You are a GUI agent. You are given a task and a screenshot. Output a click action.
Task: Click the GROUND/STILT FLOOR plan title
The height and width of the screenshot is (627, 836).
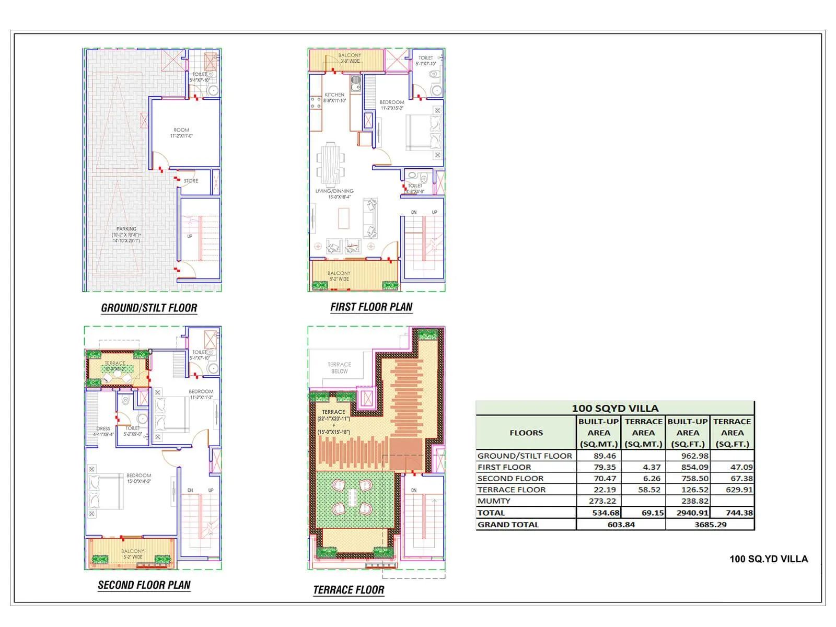click(149, 308)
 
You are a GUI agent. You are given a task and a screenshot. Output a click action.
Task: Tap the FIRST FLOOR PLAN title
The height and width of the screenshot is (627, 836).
click(371, 307)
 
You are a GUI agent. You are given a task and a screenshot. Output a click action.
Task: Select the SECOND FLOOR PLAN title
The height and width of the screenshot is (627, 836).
click(144, 585)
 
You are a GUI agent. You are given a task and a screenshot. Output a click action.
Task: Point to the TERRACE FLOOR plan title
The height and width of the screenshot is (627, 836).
click(349, 590)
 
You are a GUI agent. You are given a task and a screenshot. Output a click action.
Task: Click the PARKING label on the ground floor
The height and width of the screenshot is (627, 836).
click(126, 229)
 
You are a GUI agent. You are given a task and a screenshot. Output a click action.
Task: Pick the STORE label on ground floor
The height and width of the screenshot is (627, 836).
click(191, 181)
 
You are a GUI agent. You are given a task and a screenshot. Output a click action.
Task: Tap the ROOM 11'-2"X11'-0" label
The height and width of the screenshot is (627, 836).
click(181, 133)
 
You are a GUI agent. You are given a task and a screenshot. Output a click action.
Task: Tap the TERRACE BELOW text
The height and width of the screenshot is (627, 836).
click(339, 368)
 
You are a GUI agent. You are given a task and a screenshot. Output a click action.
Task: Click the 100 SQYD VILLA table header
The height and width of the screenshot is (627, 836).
click(615, 408)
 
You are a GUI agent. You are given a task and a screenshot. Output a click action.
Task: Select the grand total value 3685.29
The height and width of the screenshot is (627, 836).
click(710, 525)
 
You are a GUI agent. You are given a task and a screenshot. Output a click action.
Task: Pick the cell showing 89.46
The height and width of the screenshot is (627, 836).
click(605, 456)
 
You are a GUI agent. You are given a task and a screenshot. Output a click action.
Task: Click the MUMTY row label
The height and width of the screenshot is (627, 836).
click(494, 501)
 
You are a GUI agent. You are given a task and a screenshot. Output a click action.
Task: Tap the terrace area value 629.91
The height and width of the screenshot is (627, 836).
click(739, 490)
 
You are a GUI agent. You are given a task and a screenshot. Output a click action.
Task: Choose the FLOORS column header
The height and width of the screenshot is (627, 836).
click(526, 433)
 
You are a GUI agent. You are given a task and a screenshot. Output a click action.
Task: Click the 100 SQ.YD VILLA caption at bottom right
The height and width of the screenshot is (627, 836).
click(768, 559)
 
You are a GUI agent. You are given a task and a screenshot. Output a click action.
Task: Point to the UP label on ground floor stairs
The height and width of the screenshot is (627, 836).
click(190, 236)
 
